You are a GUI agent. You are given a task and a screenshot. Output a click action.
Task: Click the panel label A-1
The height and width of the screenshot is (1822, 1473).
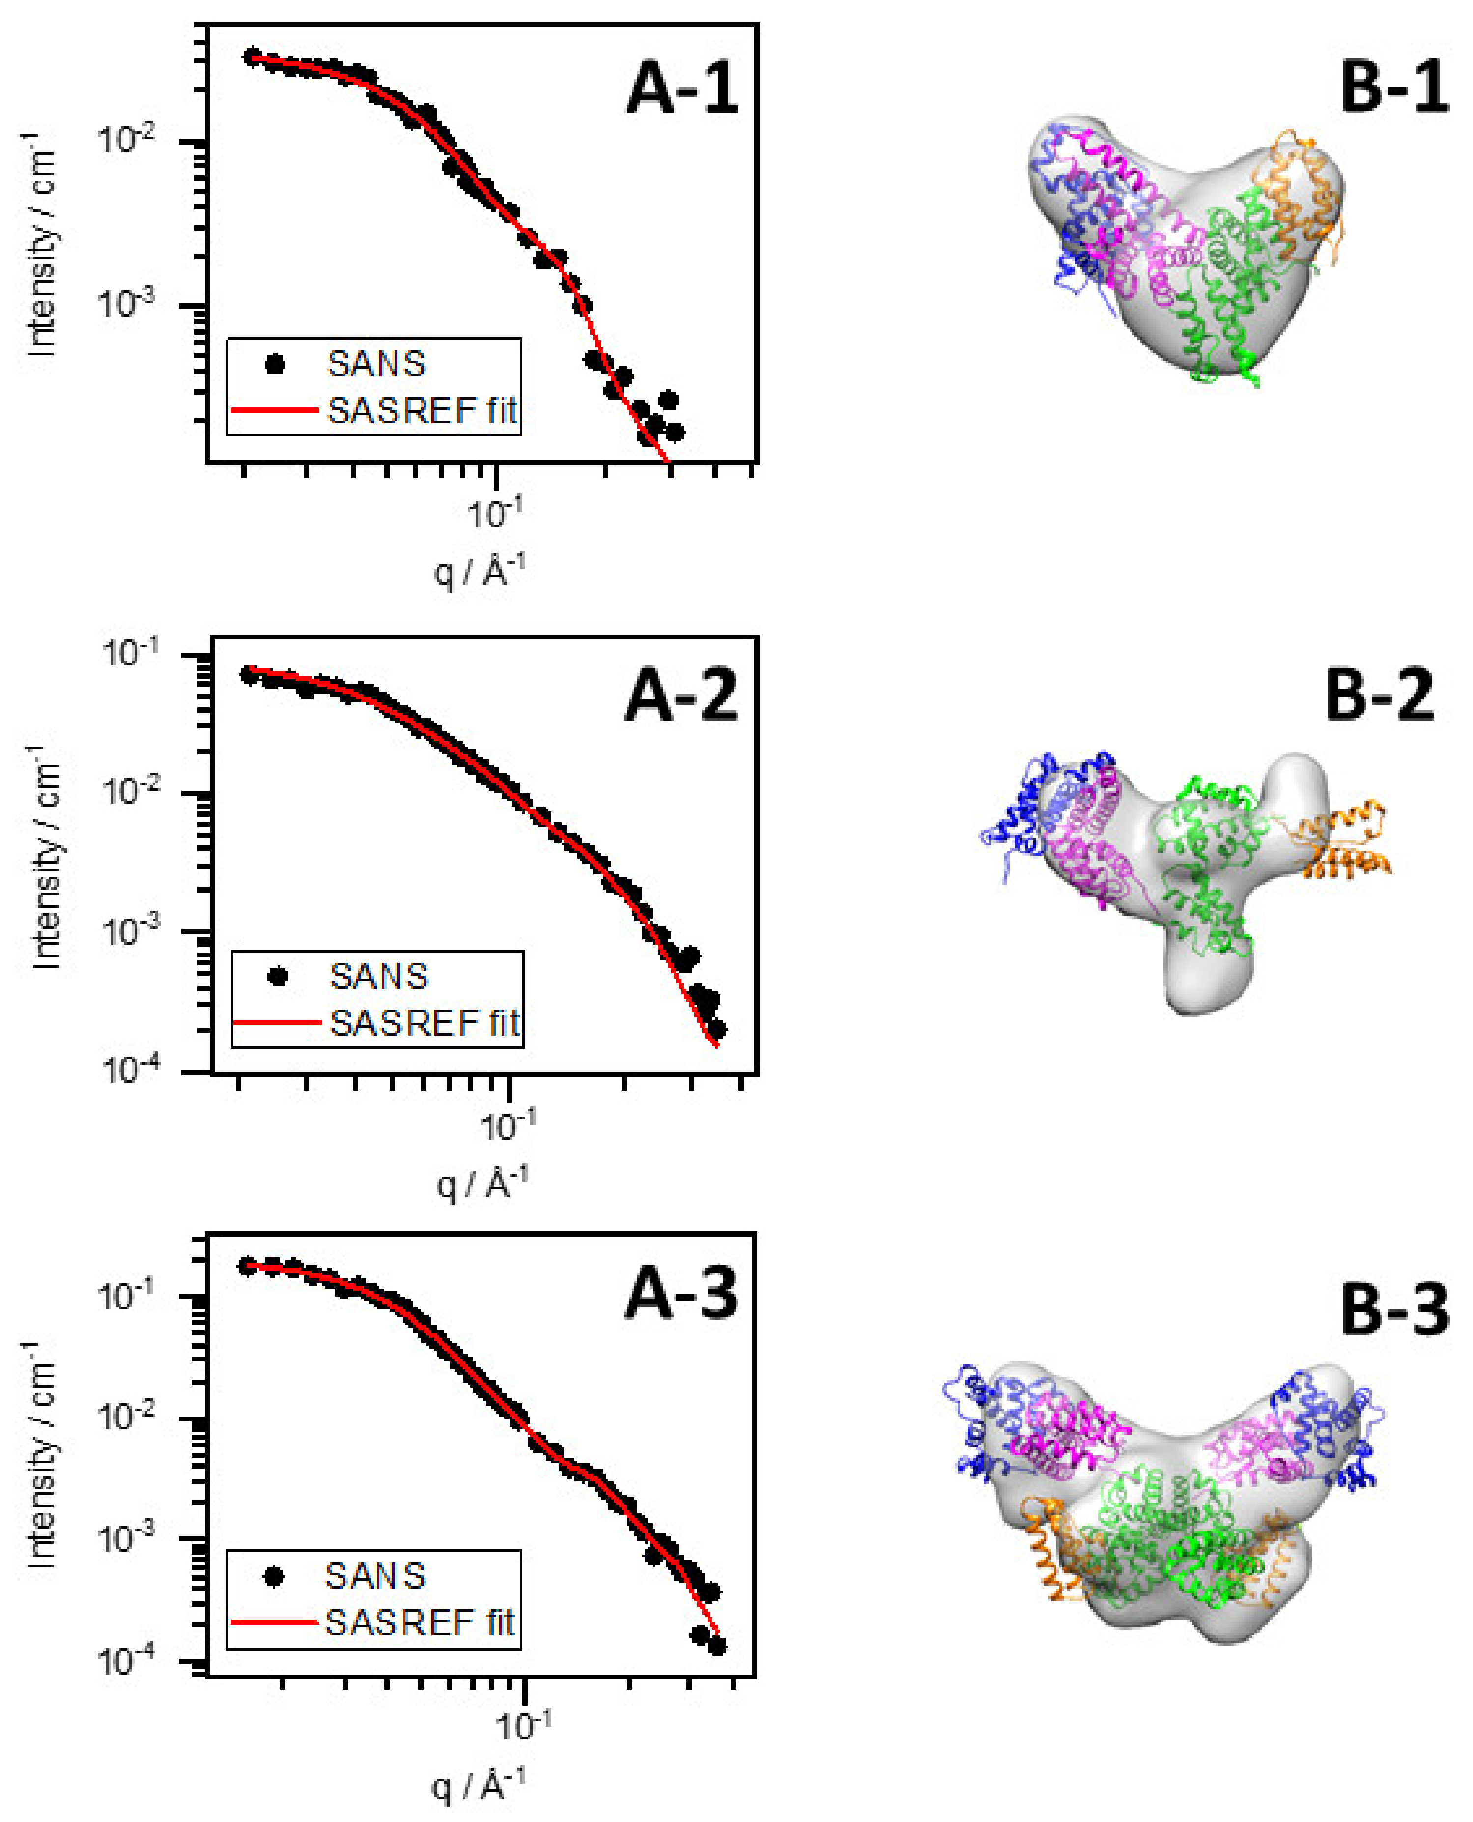(682, 88)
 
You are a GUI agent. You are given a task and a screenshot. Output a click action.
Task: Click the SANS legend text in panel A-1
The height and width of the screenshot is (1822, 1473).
(376, 364)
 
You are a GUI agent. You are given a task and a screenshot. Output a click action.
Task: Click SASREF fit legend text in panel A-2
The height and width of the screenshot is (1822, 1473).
(424, 1023)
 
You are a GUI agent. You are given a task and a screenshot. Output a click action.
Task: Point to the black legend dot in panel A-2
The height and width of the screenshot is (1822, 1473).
(277, 977)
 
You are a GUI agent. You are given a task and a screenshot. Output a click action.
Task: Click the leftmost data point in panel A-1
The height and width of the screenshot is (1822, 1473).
(252, 57)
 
